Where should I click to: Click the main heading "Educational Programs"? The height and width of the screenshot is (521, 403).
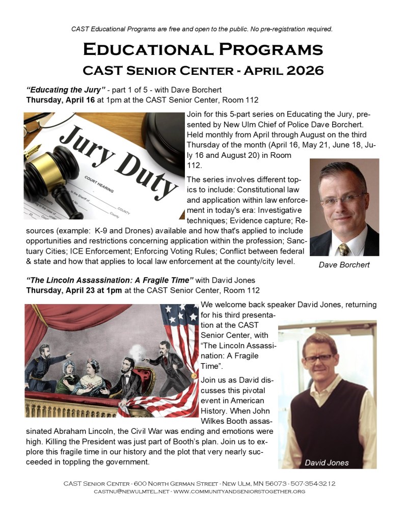(x=202, y=49)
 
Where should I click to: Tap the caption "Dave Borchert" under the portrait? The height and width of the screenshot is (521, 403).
(x=344, y=265)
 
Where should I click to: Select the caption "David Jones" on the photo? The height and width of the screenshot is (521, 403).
(x=327, y=462)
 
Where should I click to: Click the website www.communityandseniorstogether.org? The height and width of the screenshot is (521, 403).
(x=239, y=491)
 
